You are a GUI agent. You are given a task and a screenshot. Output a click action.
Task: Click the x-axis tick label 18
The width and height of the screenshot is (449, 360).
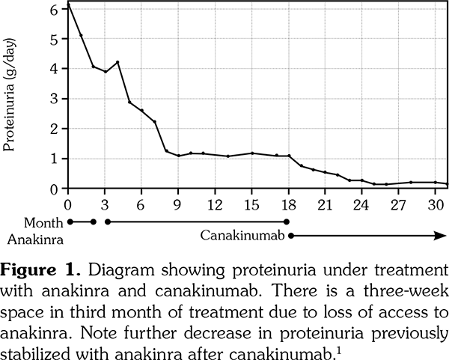(x=289, y=204)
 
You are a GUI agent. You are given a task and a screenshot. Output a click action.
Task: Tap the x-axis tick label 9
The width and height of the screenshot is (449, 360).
(x=179, y=204)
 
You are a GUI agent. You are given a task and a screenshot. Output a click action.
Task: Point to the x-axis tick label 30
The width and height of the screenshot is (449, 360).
(x=436, y=204)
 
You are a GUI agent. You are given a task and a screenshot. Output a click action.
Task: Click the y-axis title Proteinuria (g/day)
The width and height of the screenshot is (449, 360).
(x=10, y=97)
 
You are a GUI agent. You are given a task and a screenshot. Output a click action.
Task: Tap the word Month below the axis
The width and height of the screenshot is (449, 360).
(x=42, y=223)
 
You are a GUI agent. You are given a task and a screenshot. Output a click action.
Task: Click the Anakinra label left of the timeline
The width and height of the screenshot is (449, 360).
(x=33, y=240)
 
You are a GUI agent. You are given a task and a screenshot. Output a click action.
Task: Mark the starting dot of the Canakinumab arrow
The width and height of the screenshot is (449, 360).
(x=290, y=236)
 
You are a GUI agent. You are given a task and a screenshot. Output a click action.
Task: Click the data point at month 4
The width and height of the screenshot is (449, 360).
(x=117, y=62)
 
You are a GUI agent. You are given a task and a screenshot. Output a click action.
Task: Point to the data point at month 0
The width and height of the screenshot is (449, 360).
(x=68, y=5)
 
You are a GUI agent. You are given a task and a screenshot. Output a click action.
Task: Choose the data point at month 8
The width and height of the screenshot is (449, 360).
(x=166, y=150)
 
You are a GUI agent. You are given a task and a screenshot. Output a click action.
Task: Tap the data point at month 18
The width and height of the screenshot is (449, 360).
(x=289, y=156)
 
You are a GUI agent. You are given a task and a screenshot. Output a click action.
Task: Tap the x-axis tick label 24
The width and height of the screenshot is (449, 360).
(x=362, y=204)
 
